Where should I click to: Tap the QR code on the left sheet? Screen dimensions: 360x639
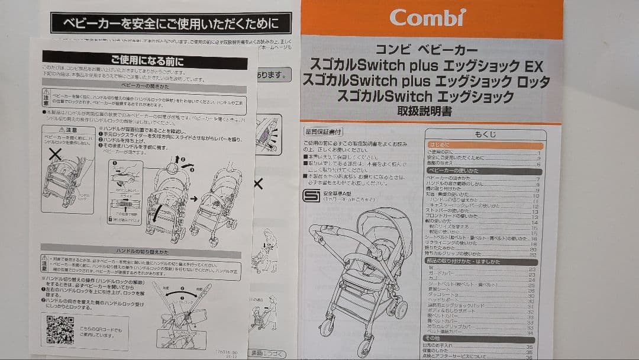pos(60,330)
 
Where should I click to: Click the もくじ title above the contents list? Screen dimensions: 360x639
pos(486,135)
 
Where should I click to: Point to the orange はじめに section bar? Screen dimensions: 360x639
pos(485,145)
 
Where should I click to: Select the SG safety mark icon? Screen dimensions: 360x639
pos(311,195)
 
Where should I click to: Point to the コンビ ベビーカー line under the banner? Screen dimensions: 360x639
pos(426,50)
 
